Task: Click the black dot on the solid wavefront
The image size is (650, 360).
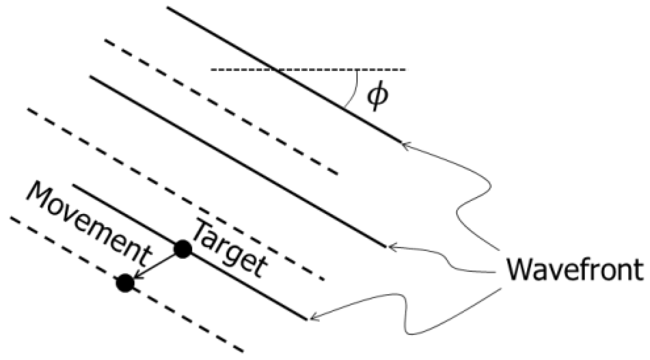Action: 183,249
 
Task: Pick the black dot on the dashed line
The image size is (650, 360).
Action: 125,283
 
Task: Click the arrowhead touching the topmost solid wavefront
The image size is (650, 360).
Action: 404,144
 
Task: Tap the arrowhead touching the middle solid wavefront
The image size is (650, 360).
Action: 390,248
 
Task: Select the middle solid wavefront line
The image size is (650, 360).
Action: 236,162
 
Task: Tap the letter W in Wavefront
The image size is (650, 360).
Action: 518,270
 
